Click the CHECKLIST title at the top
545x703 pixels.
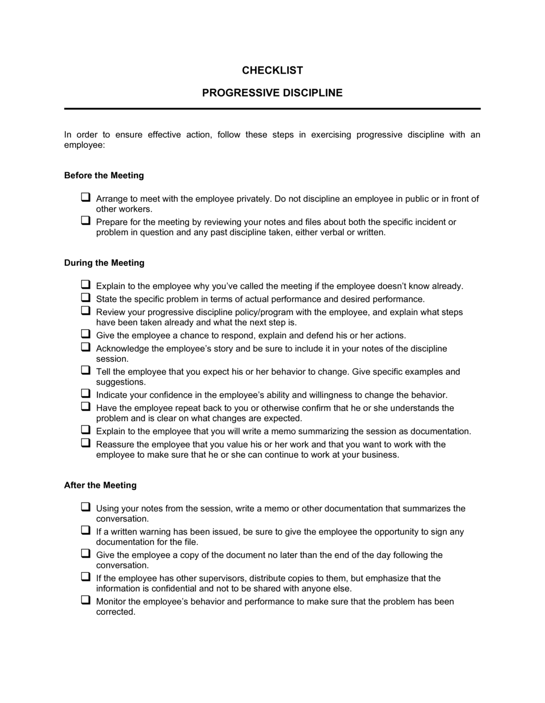point(272,70)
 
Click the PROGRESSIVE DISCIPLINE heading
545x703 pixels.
point(272,93)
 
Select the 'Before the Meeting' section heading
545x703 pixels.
point(104,175)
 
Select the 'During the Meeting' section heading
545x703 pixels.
point(104,263)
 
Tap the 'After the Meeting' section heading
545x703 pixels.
point(100,485)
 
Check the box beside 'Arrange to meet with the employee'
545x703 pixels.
point(86,197)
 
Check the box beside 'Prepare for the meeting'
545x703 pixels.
point(86,221)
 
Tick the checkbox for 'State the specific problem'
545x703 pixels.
point(86,298)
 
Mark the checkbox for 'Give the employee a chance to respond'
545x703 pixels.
point(86,334)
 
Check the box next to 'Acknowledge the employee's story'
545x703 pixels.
point(86,347)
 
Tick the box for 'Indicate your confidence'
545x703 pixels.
point(86,393)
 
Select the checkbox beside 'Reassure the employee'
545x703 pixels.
point(86,443)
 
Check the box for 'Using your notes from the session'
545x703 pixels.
point(86,507)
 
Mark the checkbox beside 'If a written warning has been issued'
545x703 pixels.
point(86,530)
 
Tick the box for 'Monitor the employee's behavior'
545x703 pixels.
point(86,600)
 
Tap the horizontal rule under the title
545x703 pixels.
point(272,108)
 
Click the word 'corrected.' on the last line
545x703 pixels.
point(115,612)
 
